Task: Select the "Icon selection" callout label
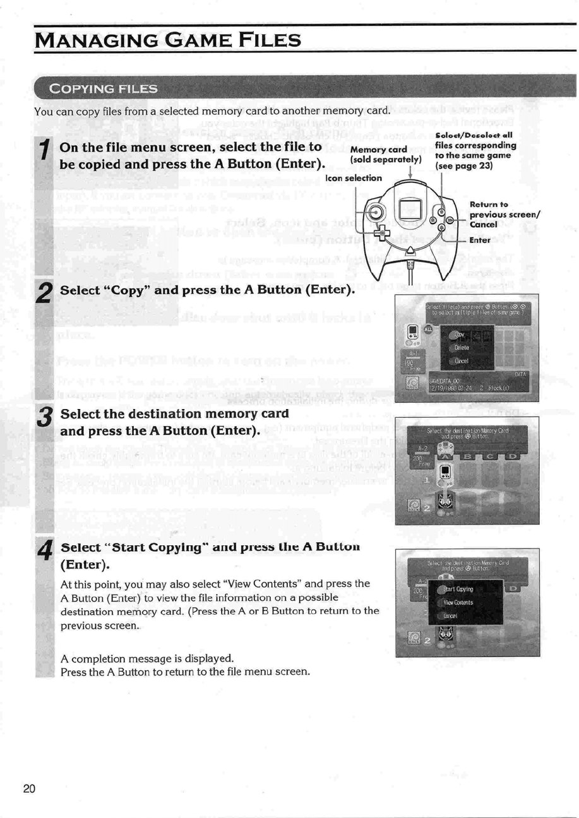coord(353,177)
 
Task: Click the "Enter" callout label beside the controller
coord(481,240)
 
